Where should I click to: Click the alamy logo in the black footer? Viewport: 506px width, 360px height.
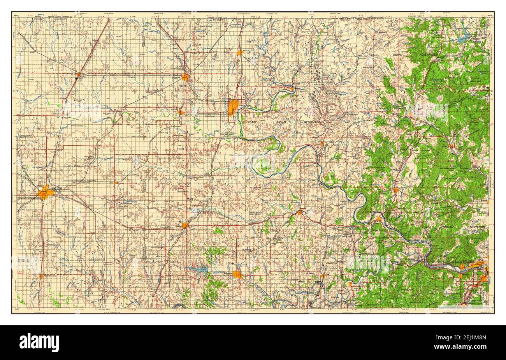(39, 342)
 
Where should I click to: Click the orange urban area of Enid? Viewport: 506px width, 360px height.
(44, 193)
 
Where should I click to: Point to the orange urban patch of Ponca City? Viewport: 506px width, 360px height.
(234, 107)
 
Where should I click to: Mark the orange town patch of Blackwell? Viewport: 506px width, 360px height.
(185, 78)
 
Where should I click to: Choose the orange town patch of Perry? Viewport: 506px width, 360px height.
(184, 225)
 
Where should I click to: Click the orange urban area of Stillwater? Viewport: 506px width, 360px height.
(237, 275)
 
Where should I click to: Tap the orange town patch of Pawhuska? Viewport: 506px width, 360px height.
(452, 146)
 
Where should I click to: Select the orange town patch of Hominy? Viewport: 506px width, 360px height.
(395, 191)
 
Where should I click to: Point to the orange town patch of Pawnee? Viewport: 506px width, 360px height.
(299, 212)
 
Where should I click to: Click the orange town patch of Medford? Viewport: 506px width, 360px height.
(78, 74)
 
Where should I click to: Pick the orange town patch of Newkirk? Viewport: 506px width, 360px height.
(240, 52)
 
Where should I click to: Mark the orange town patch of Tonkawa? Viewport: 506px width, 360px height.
(181, 112)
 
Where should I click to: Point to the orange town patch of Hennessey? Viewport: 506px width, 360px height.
(41, 276)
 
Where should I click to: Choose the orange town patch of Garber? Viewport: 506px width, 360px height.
(116, 182)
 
